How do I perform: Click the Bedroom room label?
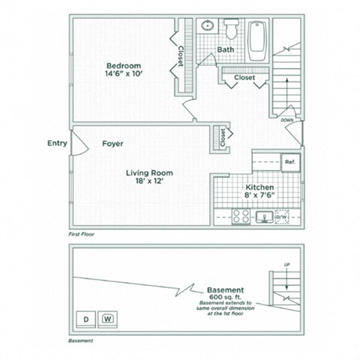pos(120,64)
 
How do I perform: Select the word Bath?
pos(226,50)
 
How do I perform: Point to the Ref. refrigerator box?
pos(289,160)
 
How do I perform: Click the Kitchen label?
pos(259,187)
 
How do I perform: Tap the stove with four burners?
pos(241,216)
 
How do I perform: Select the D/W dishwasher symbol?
pos(283,216)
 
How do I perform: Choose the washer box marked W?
pos(108,317)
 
